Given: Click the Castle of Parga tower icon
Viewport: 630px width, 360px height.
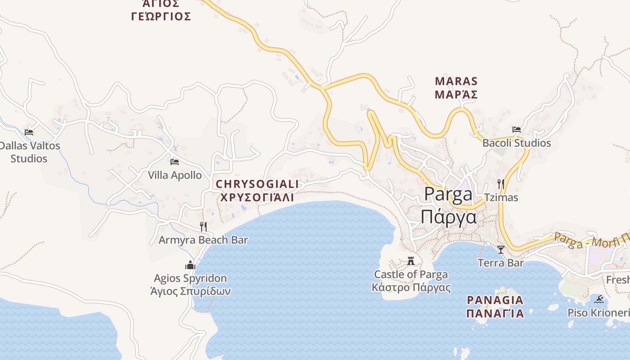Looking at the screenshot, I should (410, 261).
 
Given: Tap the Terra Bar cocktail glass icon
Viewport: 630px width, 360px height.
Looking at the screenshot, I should (500, 249).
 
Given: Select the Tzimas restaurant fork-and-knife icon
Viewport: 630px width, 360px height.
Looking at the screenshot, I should (500, 184).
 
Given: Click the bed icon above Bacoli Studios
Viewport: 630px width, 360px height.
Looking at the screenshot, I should (517, 130).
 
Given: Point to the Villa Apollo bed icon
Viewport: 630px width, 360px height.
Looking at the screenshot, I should (175, 162).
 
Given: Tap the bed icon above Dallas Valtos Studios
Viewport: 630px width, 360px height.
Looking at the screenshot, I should (29, 132).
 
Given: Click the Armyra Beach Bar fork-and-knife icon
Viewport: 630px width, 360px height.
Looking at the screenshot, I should (203, 226).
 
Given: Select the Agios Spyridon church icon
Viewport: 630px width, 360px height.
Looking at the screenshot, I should (190, 265).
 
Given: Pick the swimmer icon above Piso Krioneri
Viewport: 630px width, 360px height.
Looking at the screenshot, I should (599, 299).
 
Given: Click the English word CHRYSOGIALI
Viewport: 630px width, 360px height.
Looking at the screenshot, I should (257, 184).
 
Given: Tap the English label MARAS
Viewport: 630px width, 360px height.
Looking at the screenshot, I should (456, 81).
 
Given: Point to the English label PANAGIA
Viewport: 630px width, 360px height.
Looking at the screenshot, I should (495, 300).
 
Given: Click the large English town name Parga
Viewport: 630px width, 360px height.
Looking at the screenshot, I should (448, 194).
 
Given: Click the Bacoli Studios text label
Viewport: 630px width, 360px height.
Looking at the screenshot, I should (517, 143).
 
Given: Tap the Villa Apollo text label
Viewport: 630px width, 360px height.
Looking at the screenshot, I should (175, 175).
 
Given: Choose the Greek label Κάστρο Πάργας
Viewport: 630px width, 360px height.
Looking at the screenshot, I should (411, 288).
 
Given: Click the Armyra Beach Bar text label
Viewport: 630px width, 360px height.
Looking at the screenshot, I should (203, 240).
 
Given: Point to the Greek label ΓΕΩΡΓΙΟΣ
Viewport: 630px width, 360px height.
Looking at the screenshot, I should (161, 17).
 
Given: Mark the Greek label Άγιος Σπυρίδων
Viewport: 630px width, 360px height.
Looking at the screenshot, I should (190, 291).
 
